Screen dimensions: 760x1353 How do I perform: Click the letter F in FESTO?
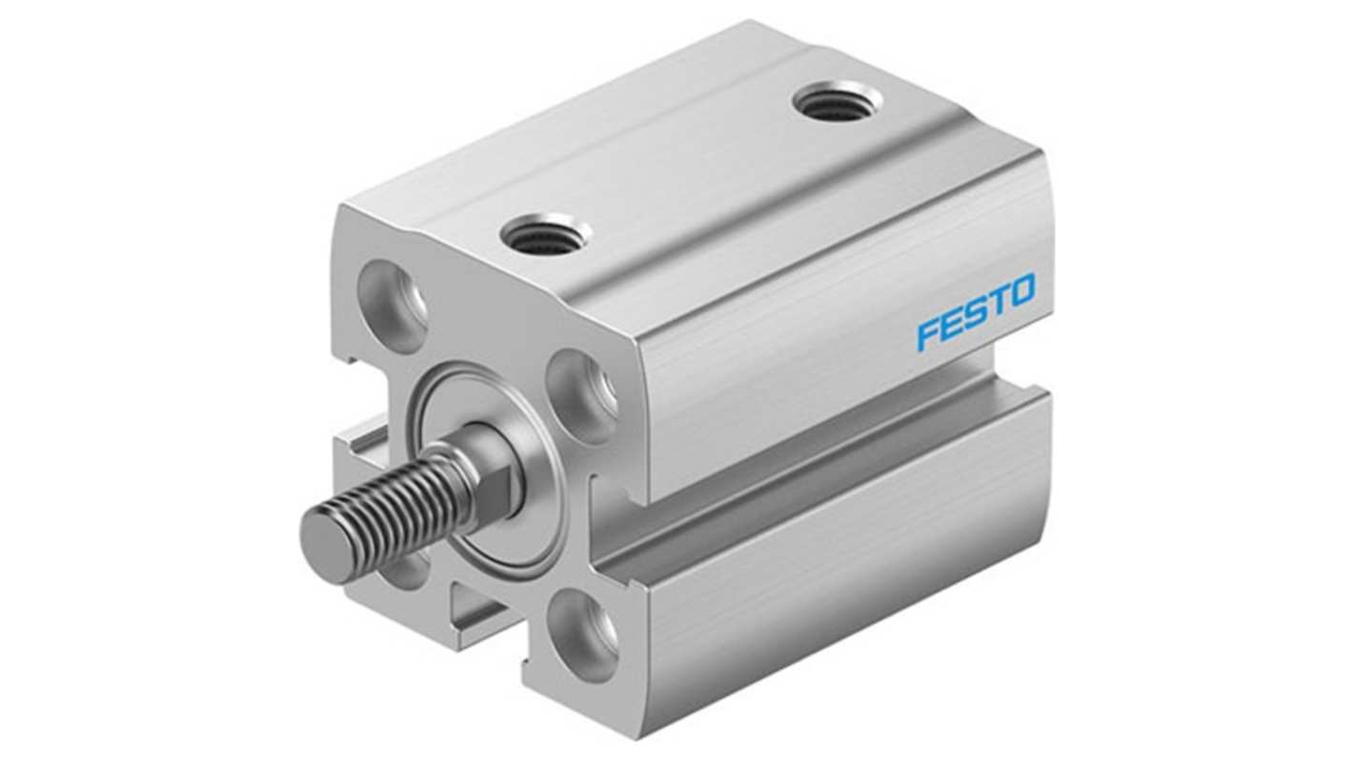click(x=928, y=335)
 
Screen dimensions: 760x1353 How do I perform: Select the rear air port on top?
click(x=837, y=99)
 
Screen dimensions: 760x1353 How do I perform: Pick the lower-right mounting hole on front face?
click(x=583, y=632)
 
